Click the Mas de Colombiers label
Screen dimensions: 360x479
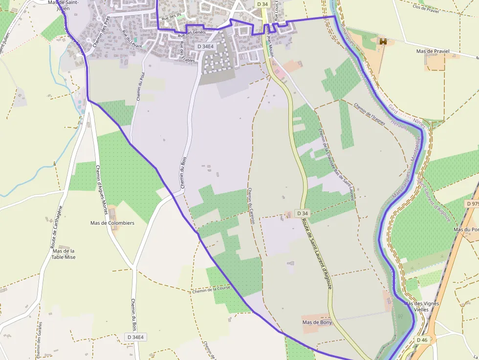click(x=112, y=223)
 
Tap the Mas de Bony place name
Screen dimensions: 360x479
click(x=317, y=322)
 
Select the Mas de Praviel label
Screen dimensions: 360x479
click(x=432, y=51)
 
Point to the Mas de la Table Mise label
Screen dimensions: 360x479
click(x=64, y=254)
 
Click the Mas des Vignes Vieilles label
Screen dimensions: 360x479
click(x=421, y=306)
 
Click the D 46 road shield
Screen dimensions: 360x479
click(x=422, y=339)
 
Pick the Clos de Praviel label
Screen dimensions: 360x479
click(x=426, y=7)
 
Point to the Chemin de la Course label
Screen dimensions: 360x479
click(x=211, y=290)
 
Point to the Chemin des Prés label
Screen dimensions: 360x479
click(x=100, y=36)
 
